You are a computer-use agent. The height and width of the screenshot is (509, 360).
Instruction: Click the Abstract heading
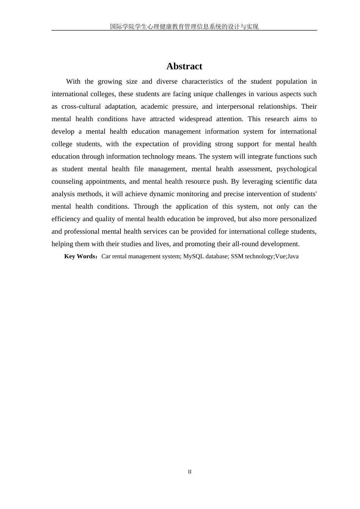[184, 66]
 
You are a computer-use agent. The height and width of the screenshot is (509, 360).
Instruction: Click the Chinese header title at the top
[184, 27]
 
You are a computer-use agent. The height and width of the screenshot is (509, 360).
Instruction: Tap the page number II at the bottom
[190, 472]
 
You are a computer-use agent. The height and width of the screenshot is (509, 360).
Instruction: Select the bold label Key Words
[80, 256]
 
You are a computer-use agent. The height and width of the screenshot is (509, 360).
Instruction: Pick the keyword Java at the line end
[293, 256]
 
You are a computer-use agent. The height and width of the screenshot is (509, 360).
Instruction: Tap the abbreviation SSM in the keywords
[237, 256]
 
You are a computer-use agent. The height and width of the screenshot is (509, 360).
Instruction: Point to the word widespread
[195, 119]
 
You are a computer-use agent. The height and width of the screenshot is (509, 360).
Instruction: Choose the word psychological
[296, 169]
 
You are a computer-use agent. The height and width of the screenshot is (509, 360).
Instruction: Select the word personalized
[298, 219]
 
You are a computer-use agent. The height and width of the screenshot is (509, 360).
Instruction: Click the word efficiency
[66, 219]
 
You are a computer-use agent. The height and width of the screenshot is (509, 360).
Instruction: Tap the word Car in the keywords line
[106, 256]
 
